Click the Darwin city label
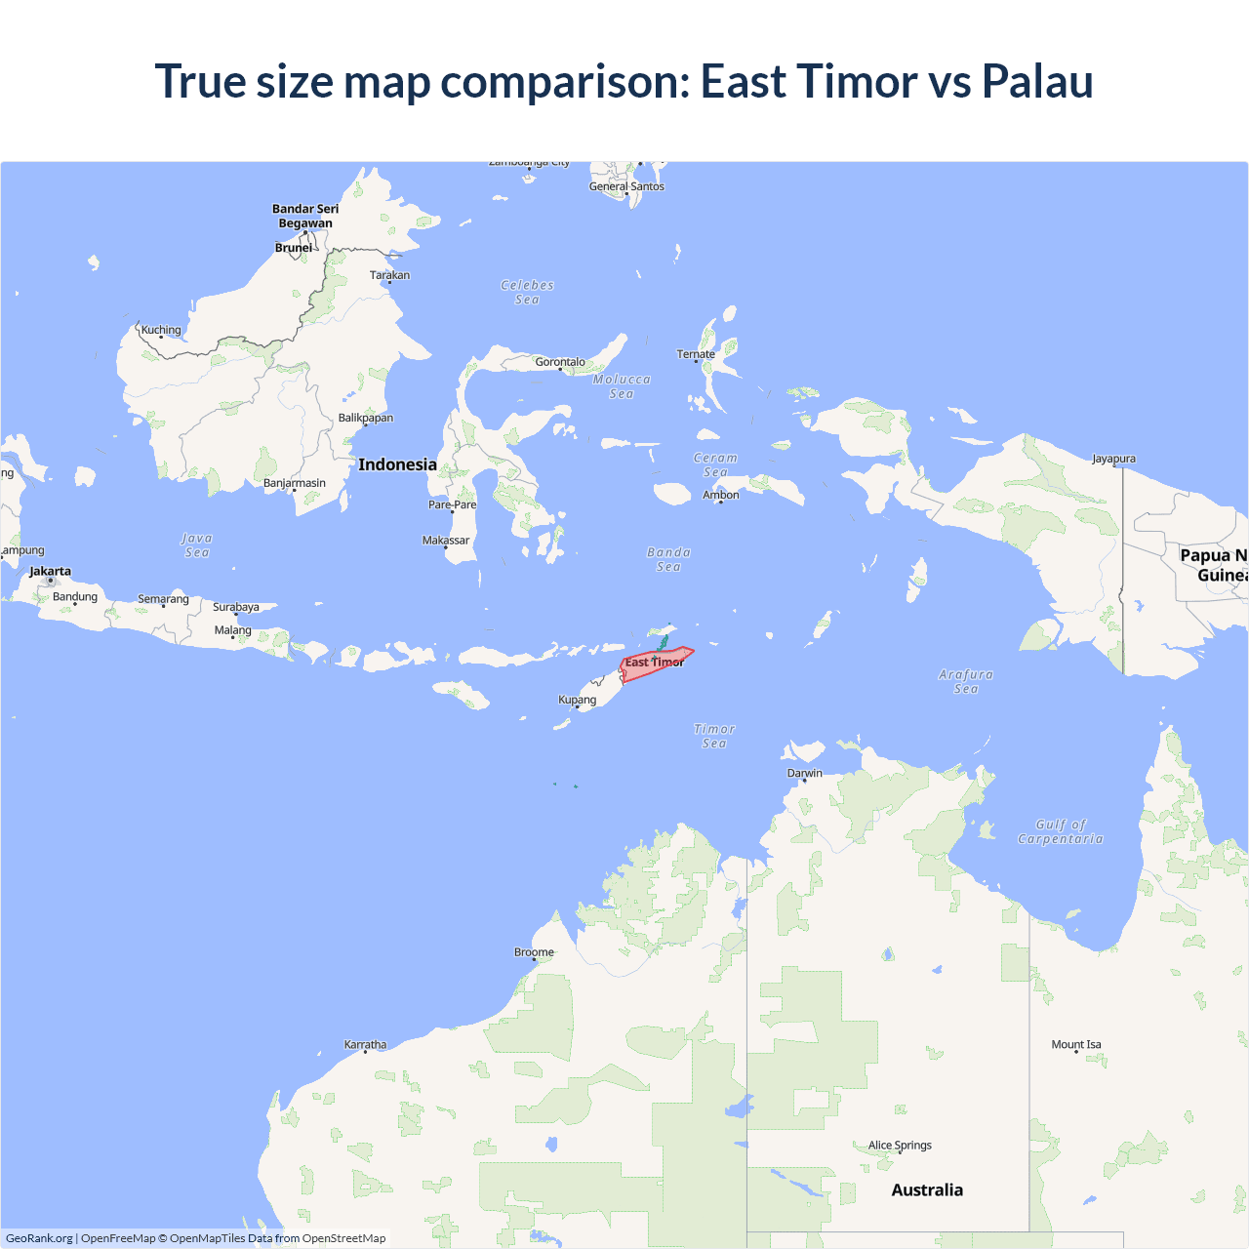pyautogui.click(x=805, y=773)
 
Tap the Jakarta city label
pyautogui.click(x=50, y=571)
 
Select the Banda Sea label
pyautogui.click(x=668, y=559)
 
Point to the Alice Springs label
pyautogui.click(x=900, y=1145)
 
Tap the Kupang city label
pyautogui.click(x=577, y=699)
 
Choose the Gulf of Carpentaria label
pyautogui.click(x=1061, y=831)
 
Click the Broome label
pyautogui.click(x=534, y=951)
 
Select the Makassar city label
pyautogui.click(x=446, y=540)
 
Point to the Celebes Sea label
pyautogui.click(x=527, y=292)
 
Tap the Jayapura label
pyautogui.click(x=1113, y=458)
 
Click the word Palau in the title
pyautogui.click(x=1037, y=81)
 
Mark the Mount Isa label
pyautogui.click(x=1076, y=1044)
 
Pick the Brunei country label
pyautogui.click(x=294, y=247)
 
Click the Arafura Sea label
pyautogui.click(x=966, y=681)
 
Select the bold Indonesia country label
pyautogui.click(x=397, y=464)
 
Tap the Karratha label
pyautogui.click(x=365, y=1044)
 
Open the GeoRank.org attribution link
pyautogui.click(x=39, y=1238)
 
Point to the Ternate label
pyautogui.click(x=696, y=353)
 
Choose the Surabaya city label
pyautogui.click(x=236, y=606)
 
